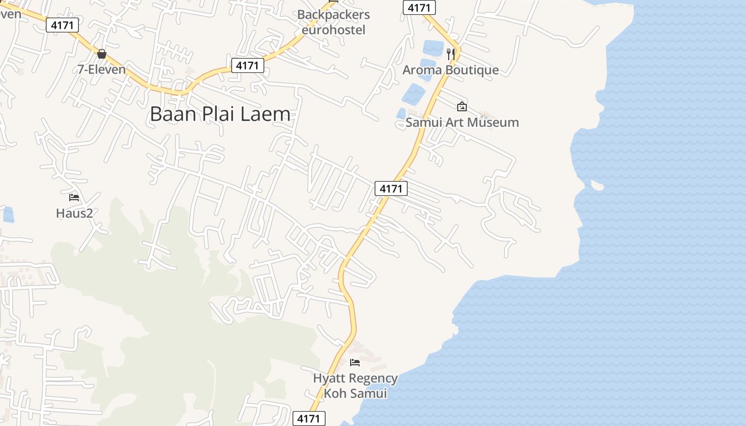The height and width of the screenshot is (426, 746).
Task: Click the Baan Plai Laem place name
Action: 220,114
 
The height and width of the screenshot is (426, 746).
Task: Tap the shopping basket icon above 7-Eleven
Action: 102,54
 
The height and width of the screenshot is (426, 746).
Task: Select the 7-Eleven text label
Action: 102,69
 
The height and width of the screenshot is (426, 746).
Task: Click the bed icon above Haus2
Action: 74,198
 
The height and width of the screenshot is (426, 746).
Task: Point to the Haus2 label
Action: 75,214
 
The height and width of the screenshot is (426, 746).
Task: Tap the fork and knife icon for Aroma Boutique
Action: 451,53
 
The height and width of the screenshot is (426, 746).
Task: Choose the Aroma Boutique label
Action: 450,70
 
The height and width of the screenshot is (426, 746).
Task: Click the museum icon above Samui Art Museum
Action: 461,106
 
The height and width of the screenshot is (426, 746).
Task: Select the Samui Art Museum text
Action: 462,122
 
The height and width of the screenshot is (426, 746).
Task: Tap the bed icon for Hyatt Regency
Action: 355,363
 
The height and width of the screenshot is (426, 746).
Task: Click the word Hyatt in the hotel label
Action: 329,379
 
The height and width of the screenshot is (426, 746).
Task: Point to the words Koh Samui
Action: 355,394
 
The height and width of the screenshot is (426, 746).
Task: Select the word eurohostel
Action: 334,30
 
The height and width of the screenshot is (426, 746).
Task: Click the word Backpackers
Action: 334,14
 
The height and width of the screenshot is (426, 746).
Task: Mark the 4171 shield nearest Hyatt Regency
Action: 309,419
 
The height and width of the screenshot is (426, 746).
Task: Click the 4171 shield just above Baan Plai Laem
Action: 248,65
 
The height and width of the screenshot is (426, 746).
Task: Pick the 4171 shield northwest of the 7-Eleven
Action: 62,24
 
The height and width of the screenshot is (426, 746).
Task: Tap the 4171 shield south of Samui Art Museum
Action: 391,189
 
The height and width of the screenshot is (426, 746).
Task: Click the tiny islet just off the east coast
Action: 597,186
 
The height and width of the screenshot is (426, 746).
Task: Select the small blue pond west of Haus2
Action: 8,215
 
